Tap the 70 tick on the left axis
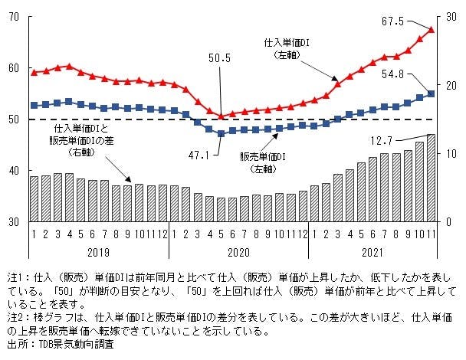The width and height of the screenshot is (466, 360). (x=14, y=17)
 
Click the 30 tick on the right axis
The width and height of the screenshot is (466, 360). (x=450, y=17)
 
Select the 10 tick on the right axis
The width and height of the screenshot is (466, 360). (x=450, y=154)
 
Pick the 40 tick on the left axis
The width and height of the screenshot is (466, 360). (x=14, y=170)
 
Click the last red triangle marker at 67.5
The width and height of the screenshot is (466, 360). (x=431, y=30)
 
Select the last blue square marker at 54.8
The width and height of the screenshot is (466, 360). (x=431, y=93)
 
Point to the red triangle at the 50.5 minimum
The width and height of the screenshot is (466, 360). (x=222, y=116)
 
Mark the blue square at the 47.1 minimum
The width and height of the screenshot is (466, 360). (x=222, y=133)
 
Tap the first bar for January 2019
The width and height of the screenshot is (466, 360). (x=34, y=198)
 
